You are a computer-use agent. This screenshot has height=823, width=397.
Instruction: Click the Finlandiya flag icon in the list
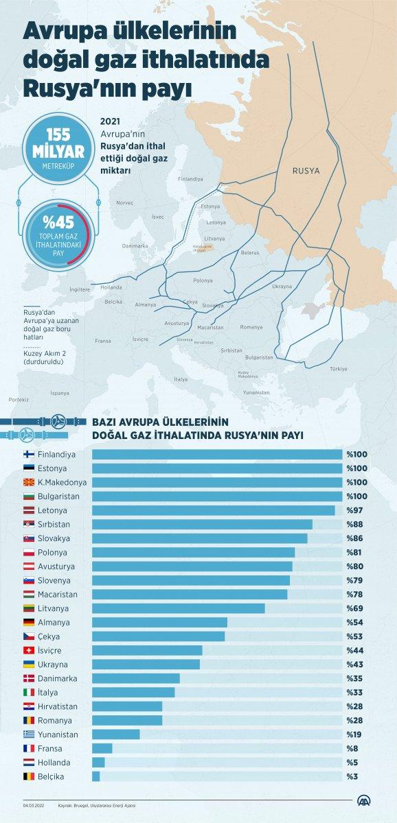coord(30,454)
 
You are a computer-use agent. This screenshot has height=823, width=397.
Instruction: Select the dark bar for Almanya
coord(159,622)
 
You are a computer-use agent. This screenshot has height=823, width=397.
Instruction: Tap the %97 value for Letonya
coord(355,510)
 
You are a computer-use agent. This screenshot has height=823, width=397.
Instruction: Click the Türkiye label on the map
coord(339,368)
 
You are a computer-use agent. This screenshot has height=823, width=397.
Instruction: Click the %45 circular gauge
coord(58,230)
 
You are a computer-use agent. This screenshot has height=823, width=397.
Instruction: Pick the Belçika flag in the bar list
coord(30,776)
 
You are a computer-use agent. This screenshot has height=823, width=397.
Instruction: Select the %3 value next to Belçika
coord(353,776)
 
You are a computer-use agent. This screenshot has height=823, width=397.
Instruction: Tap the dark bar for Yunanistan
coord(115,735)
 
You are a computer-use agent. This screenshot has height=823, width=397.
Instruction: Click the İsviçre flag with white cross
coord(30,650)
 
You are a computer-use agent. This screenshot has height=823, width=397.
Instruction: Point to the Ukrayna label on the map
coord(282,286)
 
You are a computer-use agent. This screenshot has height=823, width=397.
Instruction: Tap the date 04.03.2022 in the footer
coord(34,805)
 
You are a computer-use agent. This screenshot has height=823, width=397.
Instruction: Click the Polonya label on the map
coord(203,281)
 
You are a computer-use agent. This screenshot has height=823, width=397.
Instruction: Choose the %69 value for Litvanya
coord(355,608)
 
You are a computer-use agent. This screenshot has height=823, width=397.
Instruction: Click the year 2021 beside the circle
coord(109,119)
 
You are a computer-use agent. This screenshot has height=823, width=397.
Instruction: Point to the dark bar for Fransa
coord(102,748)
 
